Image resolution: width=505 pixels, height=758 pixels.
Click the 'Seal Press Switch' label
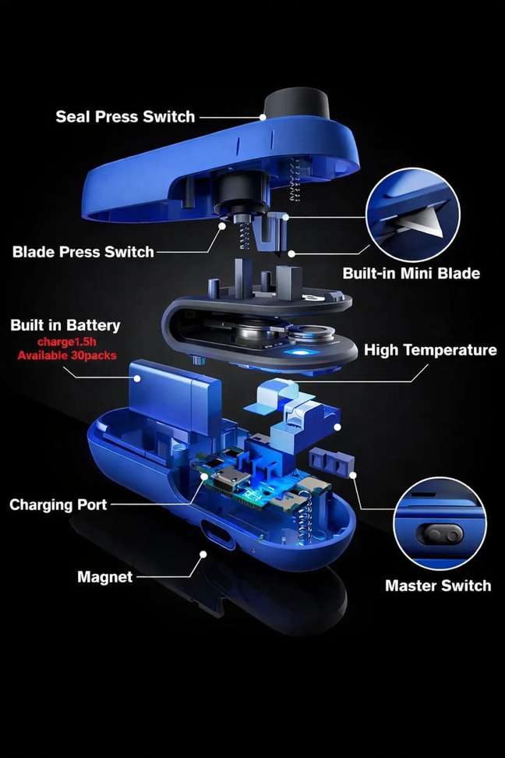[125, 116]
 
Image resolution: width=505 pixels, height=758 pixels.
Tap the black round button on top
[297, 103]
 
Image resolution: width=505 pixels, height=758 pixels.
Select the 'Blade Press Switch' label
[83, 252]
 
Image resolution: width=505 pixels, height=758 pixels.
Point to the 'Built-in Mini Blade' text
[411, 273]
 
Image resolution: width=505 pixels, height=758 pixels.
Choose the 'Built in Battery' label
[65, 325]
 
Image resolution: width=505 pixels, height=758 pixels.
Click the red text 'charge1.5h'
[67, 342]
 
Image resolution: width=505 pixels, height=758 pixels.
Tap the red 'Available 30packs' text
[67, 356]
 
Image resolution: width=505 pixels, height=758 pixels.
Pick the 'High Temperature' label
[430, 350]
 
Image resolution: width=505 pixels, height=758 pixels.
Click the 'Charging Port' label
[58, 505]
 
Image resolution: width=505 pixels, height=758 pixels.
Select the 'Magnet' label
[105, 577]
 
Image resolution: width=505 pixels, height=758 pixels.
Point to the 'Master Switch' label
[438, 586]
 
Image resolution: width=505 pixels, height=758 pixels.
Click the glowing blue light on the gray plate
[295, 352]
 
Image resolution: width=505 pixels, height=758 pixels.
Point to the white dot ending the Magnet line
[203, 554]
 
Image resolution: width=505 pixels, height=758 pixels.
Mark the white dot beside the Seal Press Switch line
[263, 117]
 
